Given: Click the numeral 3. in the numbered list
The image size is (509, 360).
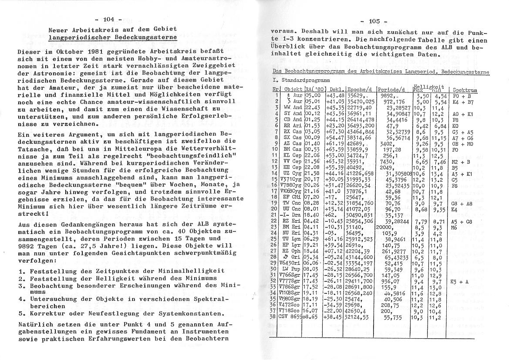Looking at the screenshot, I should pos(22,285).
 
